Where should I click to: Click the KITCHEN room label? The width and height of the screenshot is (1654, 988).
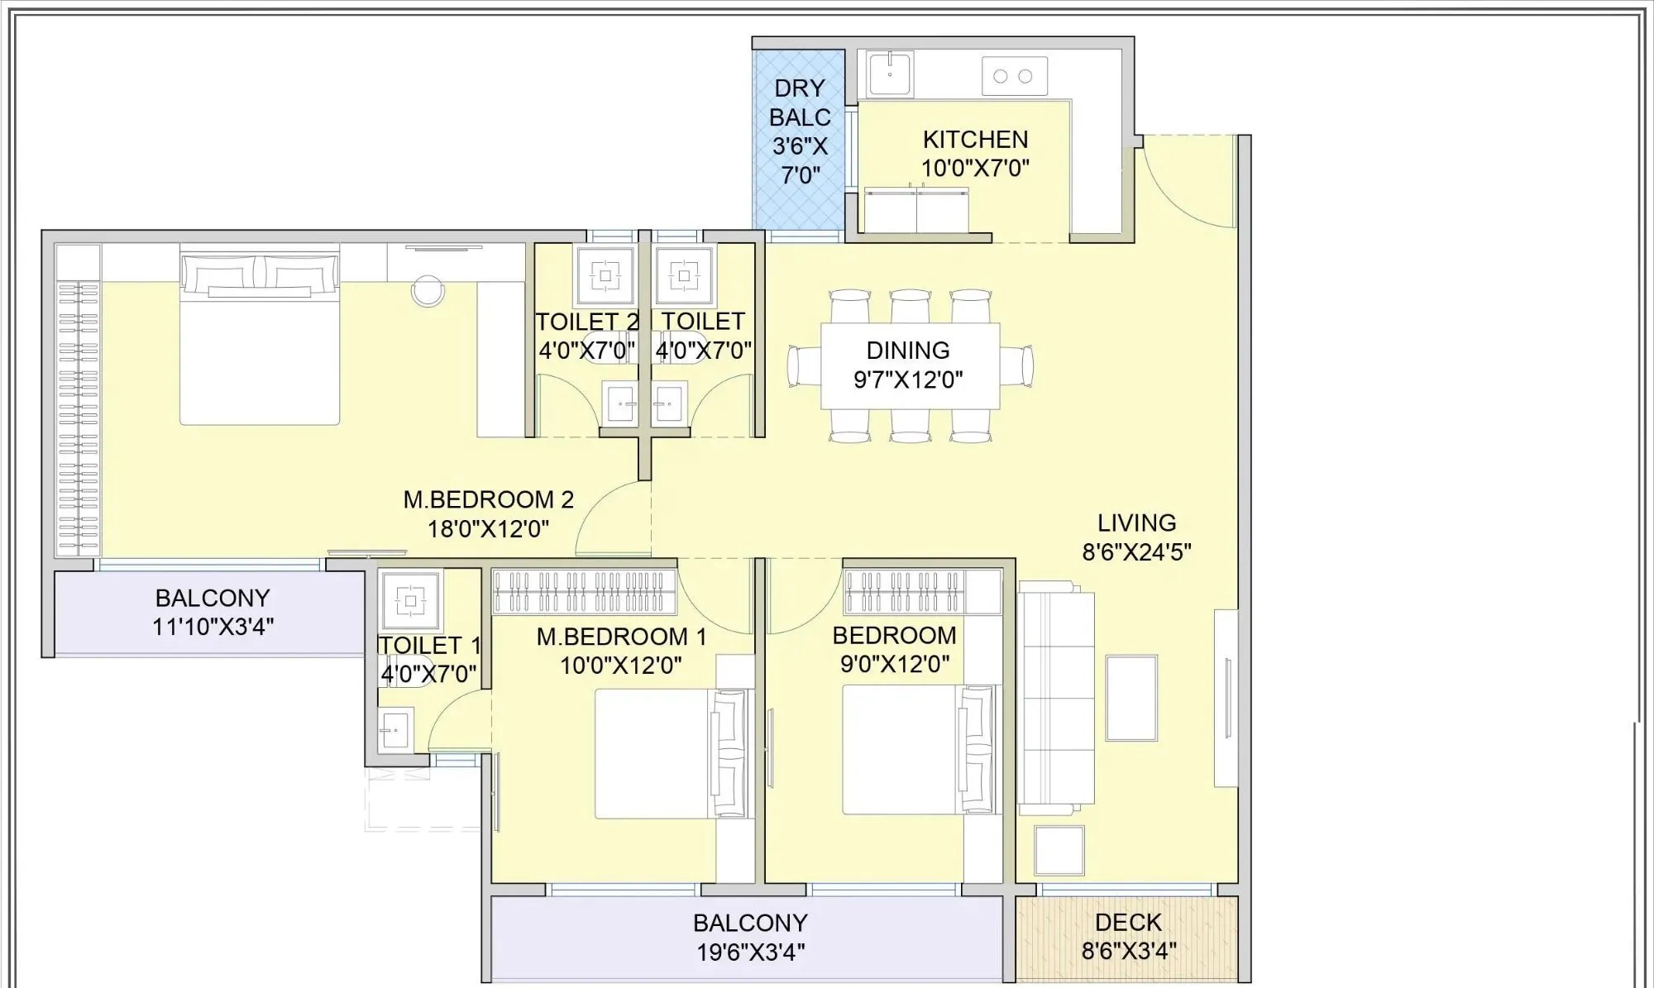click(x=975, y=139)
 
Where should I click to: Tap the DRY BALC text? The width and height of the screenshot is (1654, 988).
click(x=799, y=103)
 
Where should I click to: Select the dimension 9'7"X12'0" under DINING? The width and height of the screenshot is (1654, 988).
click(x=908, y=379)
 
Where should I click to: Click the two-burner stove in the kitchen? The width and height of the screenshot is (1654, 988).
click(x=1014, y=76)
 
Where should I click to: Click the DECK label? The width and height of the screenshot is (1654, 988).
click(x=1128, y=922)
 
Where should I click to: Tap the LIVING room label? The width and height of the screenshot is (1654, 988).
click(x=1136, y=523)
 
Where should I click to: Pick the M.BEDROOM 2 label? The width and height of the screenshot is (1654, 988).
click(x=488, y=499)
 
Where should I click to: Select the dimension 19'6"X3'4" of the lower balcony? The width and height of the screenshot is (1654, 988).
click(x=750, y=952)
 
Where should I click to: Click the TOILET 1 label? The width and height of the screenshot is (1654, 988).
click(x=428, y=645)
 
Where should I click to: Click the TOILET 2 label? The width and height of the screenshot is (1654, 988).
click(x=586, y=322)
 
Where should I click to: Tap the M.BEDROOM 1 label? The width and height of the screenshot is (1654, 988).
click(x=621, y=637)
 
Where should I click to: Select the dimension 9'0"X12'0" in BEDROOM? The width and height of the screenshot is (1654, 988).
click(x=894, y=664)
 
